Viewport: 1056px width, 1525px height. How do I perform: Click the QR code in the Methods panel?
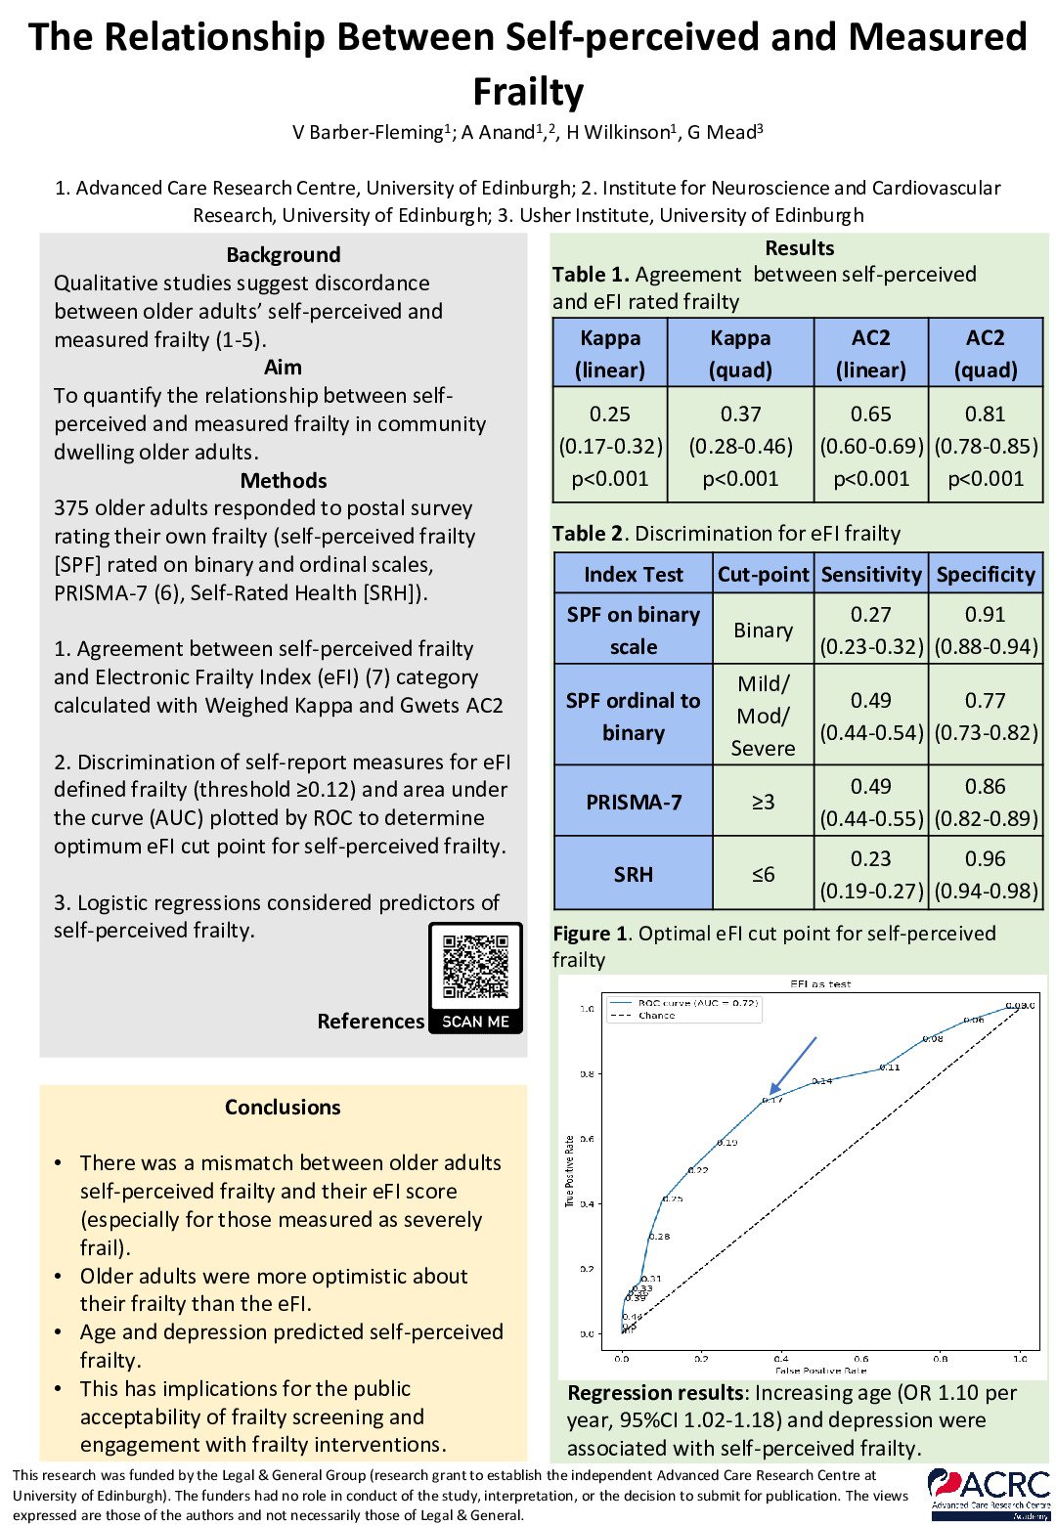point(476,968)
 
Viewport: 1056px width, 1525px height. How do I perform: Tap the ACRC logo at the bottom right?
point(989,1493)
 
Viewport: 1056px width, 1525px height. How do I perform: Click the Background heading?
point(284,255)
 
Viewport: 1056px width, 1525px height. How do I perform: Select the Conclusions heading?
point(283,1107)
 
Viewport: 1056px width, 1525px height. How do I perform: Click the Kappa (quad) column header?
point(740,353)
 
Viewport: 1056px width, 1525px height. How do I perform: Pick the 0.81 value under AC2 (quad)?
point(986,414)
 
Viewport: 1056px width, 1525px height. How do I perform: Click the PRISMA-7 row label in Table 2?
point(633,802)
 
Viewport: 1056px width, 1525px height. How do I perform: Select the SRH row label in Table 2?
point(633,874)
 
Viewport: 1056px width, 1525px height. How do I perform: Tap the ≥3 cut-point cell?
point(763,802)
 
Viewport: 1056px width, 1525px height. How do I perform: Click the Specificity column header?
point(986,574)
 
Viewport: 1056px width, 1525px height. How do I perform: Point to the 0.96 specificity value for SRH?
point(986,858)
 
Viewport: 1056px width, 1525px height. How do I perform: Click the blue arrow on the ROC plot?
point(793,1065)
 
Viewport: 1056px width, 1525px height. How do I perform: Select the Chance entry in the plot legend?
point(656,1016)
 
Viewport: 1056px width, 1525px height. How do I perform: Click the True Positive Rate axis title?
point(570,1170)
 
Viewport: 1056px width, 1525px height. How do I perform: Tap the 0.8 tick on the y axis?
point(587,1073)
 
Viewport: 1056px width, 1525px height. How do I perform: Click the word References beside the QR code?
point(371,1021)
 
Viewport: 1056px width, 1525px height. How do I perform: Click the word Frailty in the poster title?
point(528,91)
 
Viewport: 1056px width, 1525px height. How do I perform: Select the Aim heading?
point(284,368)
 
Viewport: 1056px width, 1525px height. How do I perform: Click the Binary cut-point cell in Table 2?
point(763,631)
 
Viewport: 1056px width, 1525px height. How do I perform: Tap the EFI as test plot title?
point(820,984)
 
